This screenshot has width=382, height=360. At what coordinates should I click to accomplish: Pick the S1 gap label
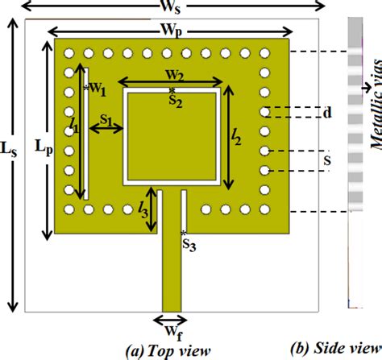(104, 118)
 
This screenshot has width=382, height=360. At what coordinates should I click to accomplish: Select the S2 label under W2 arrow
(175, 100)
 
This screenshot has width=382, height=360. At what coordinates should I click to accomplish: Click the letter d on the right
(327, 114)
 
